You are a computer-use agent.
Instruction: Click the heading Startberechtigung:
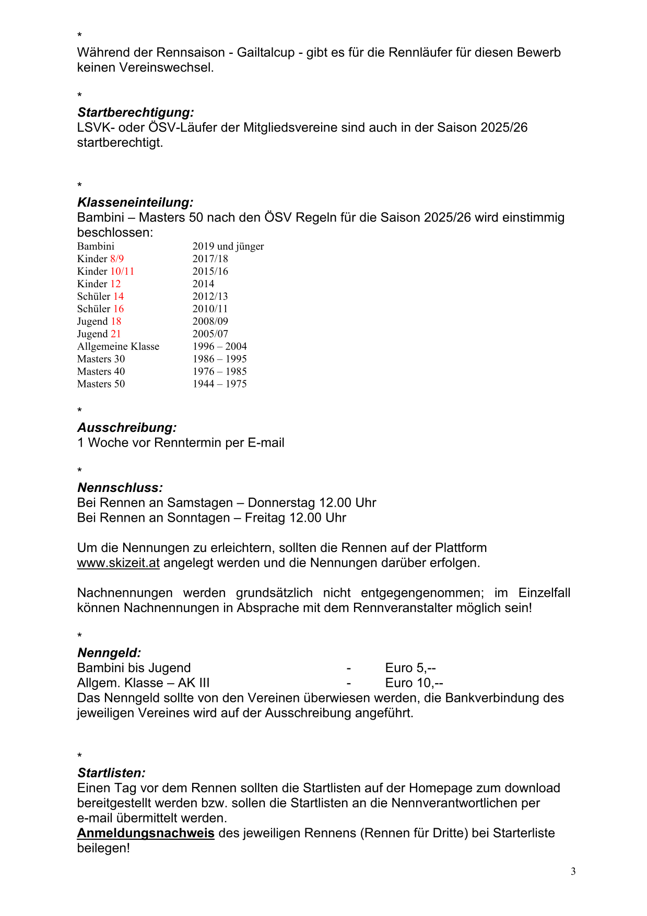tap(135, 112)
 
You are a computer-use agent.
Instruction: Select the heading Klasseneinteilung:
tap(135, 202)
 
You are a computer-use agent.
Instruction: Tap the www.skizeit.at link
tap(118, 563)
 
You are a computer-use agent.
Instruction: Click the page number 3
tap(573, 871)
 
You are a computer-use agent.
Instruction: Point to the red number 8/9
tap(117, 259)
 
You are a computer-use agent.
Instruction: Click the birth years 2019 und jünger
tap(228, 246)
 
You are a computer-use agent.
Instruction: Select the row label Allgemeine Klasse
tap(118, 346)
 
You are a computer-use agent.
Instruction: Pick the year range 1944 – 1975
tap(219, 384)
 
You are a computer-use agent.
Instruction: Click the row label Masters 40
tap(101, 371)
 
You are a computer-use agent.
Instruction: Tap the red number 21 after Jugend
tap(115, 334)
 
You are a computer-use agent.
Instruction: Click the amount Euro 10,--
tap(414, 683)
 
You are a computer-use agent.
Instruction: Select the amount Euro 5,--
tap(410, 667)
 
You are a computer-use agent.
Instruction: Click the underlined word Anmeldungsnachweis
tap(146, 833)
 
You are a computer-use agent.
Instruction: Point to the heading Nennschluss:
tap(120, 488)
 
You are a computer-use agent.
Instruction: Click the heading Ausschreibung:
tap(127, 428)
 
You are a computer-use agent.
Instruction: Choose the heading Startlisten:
tap(111, 773)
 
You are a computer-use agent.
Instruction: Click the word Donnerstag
tap(281, 502)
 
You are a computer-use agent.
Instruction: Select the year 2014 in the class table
tap(203, 284)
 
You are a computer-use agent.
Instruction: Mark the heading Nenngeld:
tap(109, 653)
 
